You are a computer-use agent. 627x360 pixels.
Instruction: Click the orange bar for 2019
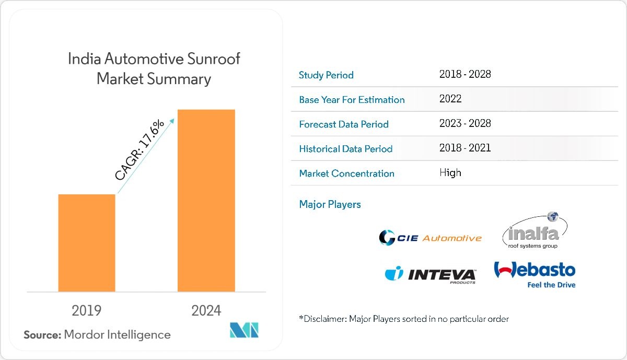87,242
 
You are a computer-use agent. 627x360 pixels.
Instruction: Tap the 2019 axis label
87,310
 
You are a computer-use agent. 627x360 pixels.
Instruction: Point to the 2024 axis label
206,310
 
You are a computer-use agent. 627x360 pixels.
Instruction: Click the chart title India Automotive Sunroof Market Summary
154,68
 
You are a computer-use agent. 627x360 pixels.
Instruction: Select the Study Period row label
326,75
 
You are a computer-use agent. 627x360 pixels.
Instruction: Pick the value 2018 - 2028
465,74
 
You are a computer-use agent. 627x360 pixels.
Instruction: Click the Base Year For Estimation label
352,100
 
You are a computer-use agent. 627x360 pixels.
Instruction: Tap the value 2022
450,99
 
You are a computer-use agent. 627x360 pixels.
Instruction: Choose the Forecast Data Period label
344,124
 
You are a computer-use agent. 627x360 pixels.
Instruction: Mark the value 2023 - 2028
465,123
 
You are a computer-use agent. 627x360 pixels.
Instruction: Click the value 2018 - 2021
465,148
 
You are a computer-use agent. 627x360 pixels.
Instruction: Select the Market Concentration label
346,173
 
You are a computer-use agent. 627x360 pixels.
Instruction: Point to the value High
450,172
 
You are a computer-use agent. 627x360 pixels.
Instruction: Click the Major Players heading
330,204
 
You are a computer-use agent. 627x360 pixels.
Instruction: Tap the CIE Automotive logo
430,238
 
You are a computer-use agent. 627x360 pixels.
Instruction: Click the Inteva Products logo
431,274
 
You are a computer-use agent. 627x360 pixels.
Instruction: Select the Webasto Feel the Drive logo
535,274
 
